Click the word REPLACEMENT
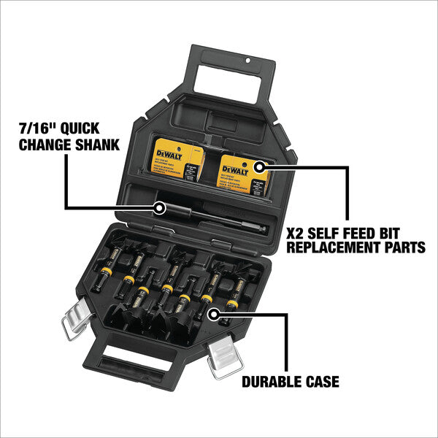click(x=332, y=248)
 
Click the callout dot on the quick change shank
click(x=158, y=208)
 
